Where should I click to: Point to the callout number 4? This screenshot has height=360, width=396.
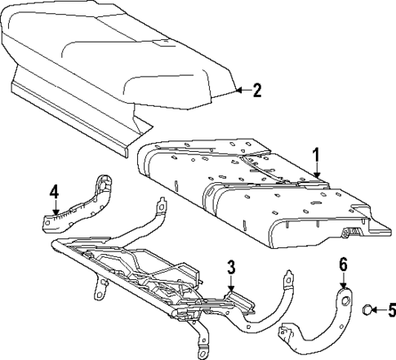53,191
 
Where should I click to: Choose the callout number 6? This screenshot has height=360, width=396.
343,264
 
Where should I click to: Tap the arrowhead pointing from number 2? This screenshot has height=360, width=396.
238,91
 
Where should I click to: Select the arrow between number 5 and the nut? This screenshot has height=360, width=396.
380,309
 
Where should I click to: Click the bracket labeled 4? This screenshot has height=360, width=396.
82,204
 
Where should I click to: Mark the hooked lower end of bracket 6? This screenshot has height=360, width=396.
287,334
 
